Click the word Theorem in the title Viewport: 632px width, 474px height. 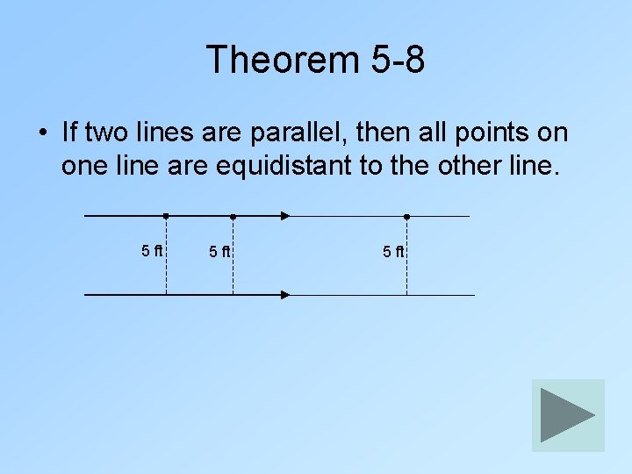[280, 60]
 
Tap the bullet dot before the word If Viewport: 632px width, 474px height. [41, 134]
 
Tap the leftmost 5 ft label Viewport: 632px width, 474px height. [152, 250]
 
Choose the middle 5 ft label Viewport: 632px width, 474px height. [219, 252]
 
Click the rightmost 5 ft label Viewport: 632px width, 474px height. [392, 252]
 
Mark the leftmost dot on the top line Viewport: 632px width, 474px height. [166, 215]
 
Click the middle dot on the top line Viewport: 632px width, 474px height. [233, 216]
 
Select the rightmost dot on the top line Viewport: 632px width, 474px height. [406, 216]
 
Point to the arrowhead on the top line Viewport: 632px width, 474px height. [285, 216]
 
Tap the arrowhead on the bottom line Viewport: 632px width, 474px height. [285, 295]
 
